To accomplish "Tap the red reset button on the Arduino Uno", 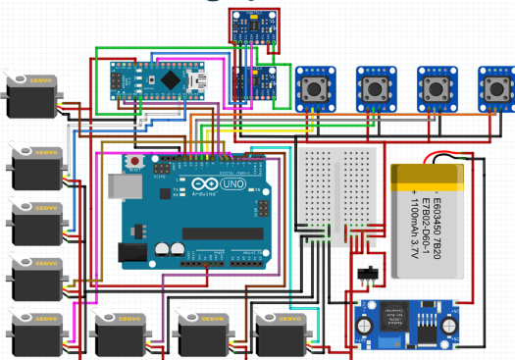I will (x=131, y=160).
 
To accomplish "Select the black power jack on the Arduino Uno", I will (x=132, y=253).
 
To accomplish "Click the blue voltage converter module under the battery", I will (x=405, y=320).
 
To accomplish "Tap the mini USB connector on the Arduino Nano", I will (x=203, y=78).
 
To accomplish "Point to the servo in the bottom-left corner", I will (x=35, y=334).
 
